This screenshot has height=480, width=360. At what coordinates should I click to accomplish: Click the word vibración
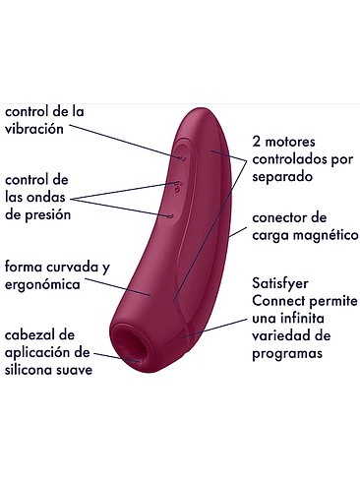tap(34, 129)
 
